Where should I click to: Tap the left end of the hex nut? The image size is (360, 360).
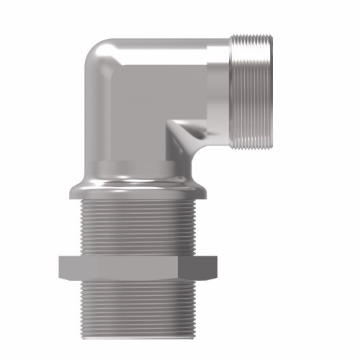pyautogui.click(x=60, y=267)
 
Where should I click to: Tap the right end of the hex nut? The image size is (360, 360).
pyautogui.click(x=215, y=267)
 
